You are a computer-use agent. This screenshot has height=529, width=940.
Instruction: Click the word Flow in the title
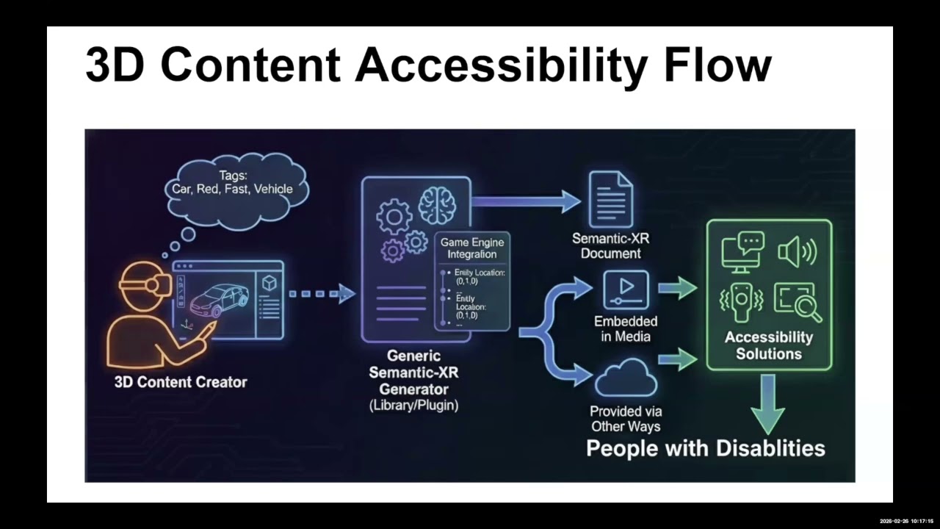pyautogui.click(x=717, y=65)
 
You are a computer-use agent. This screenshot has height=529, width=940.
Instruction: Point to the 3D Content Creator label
pyautogui.click(x=181, y=382)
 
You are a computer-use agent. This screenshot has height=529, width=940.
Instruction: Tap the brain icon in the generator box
pyautogui.click(x=437, y=205)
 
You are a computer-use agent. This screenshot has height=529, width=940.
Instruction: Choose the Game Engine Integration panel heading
pyautogui.click(x=473, y=248)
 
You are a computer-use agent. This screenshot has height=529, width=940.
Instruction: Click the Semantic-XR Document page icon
pyautogui.click(x=611, y=198)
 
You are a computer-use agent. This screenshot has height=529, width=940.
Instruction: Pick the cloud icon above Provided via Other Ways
pyautogui.click(x=626, y=378)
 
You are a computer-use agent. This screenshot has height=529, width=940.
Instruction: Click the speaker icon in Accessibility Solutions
pyautogui.click(x=797, y=252)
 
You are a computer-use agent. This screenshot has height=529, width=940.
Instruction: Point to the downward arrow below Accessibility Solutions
pyautogui.click(x=767, y=403)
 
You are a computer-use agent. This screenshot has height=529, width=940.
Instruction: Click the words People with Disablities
pyautogui.click(x=706, y=448)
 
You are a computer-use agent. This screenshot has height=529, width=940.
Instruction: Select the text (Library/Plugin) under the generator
pyautogui.click(x=413, y=405)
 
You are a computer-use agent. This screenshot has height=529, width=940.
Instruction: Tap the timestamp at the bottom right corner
pyautogui.click(x=906, y=521)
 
